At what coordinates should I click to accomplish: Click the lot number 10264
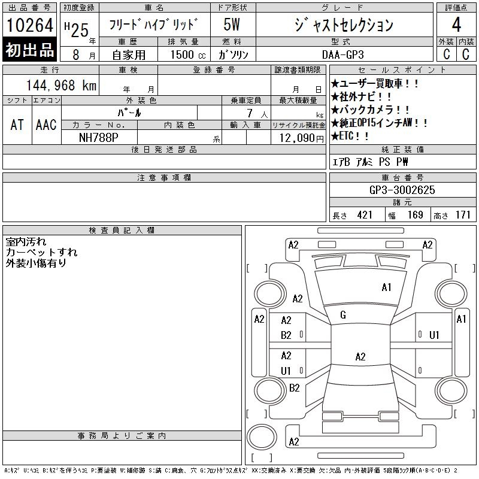pyautogui.click(x=29, y=25)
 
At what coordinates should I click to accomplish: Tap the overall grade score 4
pyautogui.click(x=456, y=25)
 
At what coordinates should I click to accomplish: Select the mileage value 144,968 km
pyautogui.click(x=61, y=85)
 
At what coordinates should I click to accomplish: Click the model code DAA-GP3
pyautogui.click(x=343, y=54)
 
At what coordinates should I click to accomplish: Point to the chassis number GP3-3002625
pyautogui.click(x=402, y=190)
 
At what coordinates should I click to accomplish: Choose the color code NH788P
pyautogui.click(x=99, y=138)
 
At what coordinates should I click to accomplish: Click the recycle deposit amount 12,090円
pyautogui.click(x=302, y=138)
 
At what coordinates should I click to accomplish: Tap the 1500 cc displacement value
pyautogui.click(x=188, y=54)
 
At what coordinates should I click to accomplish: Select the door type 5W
pyautogui.click(x=232, y=25)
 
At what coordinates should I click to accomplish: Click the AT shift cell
pyautogui.click(x=17, y=125)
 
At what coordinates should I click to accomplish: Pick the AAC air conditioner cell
pyautogui.click(x=46, y=125)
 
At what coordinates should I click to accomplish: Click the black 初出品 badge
pyautogui.click(x=29, y=50)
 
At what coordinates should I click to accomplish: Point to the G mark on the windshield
pyautogui.click(x=343, y=315)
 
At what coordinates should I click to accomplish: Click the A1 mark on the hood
pyautogui.click(x=386, y=287)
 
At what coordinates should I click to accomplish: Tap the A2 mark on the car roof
pyautogui.click(x=360, y=356)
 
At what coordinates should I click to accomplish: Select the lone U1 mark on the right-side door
pyautogui.click(x=434, y=335)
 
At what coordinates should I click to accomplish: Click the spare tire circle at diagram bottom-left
pyautogui.click(x=262, y=437)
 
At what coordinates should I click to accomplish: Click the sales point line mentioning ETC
pyautogui.click(x=350, y=136)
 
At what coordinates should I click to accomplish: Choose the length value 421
pyautogui.click(x=365, y=215)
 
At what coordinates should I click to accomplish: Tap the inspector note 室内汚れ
pyautogui.click(x=26, y=242)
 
